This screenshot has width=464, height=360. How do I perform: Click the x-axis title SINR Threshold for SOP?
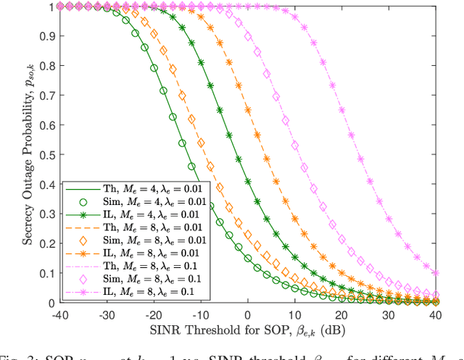coord(249,332)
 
